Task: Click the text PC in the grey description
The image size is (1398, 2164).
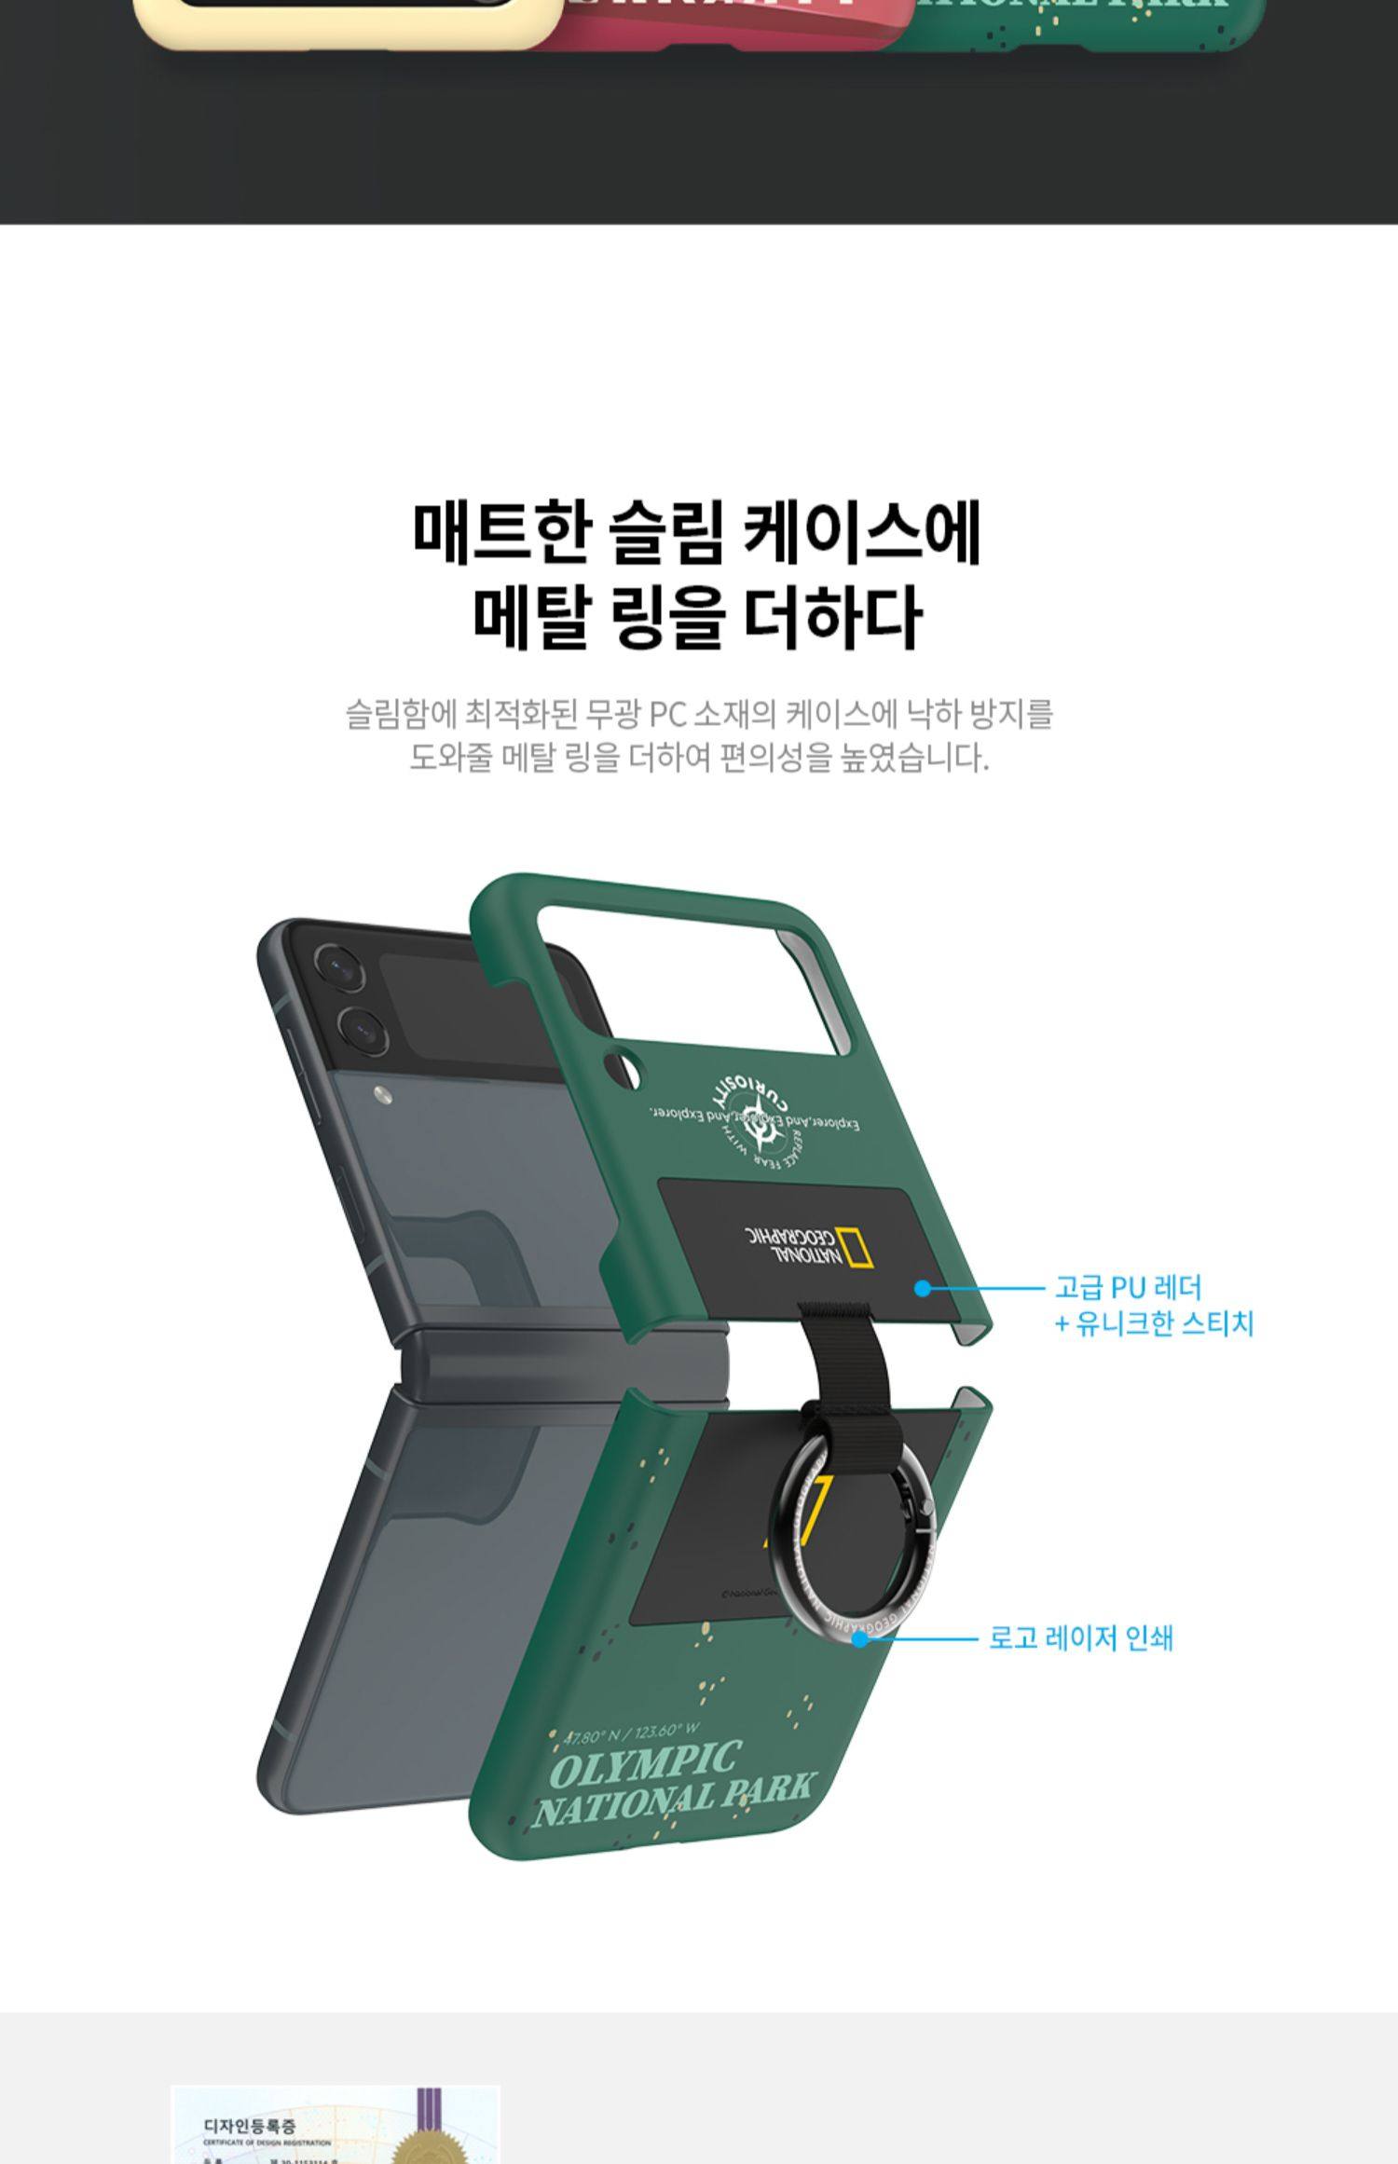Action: (666, 715)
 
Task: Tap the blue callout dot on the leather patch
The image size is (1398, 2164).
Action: (922, 1289)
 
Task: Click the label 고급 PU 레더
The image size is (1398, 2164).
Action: (1128, 1288)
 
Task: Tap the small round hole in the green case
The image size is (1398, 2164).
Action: (623, 1068)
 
